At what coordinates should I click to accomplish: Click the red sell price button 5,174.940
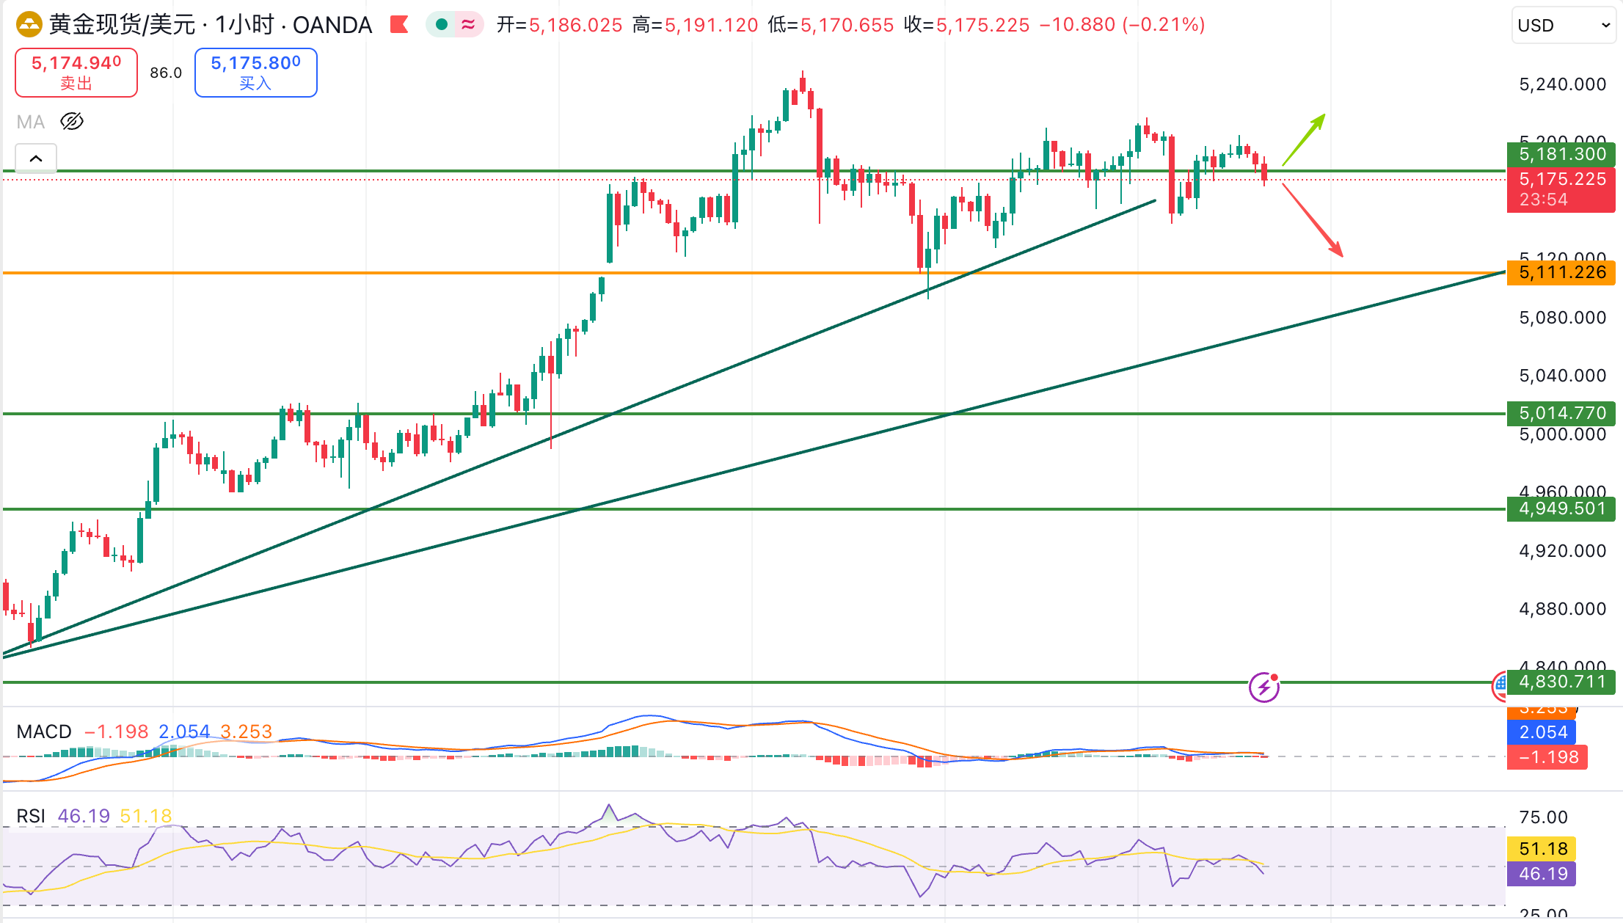coord(76,72)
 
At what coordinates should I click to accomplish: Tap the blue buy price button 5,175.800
coord(255,72)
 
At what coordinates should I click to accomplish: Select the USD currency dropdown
coord(1563,26)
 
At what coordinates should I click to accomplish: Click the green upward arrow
coord(1304,139)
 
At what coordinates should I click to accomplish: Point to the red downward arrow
coord(1313,220)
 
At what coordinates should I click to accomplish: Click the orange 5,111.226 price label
coord(1561,272)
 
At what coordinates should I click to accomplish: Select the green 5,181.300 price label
coord(1561,154)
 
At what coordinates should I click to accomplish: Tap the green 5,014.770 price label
coord(1561,413)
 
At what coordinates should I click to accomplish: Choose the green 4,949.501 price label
coord(1561,508)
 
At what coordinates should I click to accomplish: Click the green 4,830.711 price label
coord(1561,682)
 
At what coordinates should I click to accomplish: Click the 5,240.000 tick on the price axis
coord(1562,84)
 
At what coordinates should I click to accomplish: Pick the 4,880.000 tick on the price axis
coord(1562,609)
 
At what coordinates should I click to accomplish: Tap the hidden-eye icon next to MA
coord(72,121)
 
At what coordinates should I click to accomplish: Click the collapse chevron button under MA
coord(36,158)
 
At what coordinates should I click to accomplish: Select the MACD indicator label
coord(44,732)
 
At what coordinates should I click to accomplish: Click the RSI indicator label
coord(31,816)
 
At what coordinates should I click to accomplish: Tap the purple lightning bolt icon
coord(1263,687)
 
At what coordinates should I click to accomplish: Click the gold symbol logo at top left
coord(29,25)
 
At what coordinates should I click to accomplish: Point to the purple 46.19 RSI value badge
coord(1543,874)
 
